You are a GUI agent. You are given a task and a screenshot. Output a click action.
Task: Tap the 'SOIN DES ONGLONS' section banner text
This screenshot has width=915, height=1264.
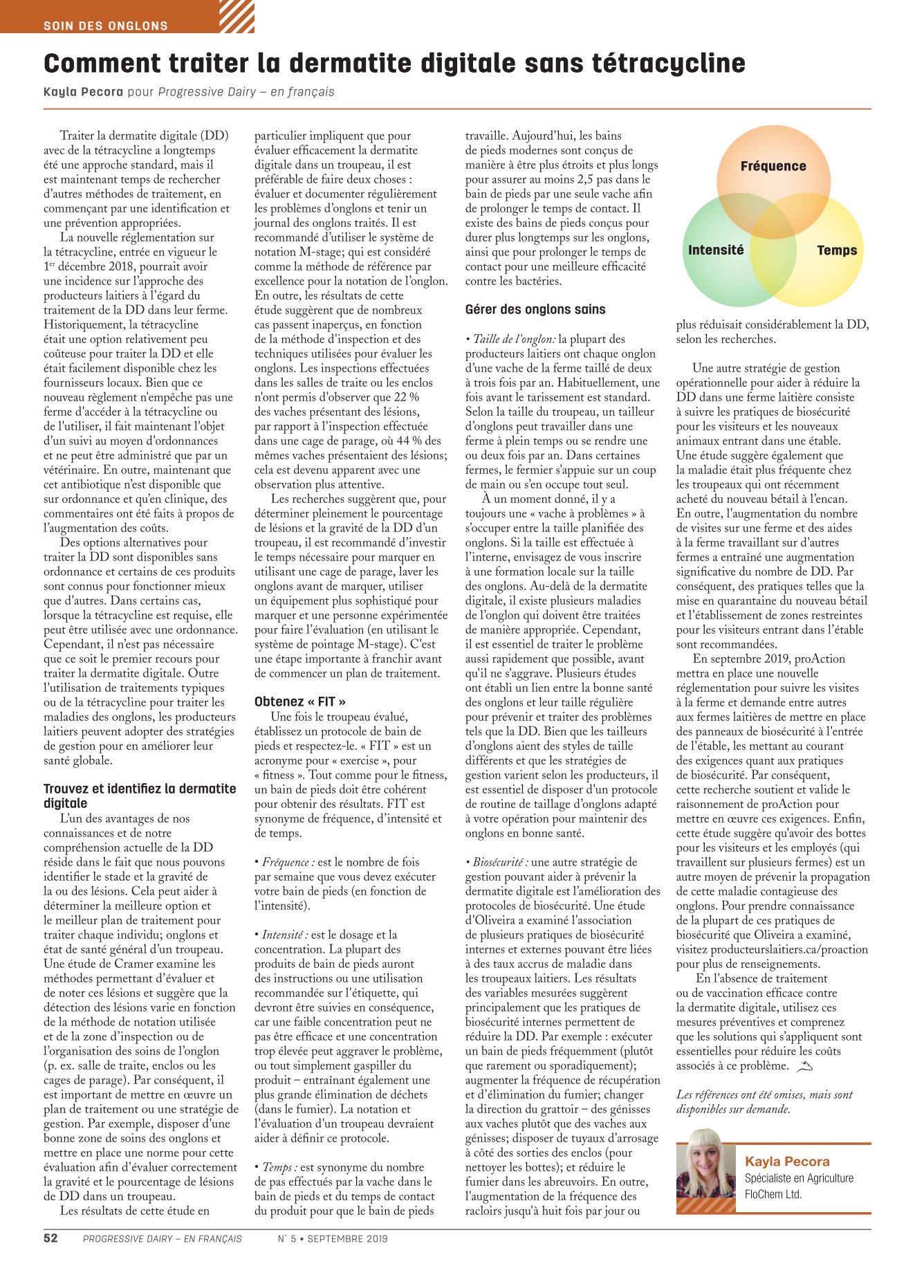click(x=106, y=26)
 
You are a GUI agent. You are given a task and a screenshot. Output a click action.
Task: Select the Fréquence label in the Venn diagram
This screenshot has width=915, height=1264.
click(x=773, y=166)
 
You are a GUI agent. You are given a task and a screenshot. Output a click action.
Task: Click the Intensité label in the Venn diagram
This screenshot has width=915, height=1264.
click(x=716, y=250)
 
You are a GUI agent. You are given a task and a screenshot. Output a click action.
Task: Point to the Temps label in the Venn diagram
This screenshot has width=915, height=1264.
click(x=837, y=250)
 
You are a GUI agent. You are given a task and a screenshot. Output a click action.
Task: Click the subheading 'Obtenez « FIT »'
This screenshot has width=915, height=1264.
click(x=300, y=702)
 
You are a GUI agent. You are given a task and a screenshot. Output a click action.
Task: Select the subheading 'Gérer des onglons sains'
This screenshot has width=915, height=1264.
click(x=535, y=309)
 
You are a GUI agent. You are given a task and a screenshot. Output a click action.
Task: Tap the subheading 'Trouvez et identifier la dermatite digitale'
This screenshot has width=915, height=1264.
click(x=140, y=796)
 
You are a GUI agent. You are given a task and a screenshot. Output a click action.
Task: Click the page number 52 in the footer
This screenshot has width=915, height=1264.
click(x=51, y=1238)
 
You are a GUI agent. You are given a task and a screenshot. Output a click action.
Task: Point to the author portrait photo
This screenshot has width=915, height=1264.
click(x=705, y=1171)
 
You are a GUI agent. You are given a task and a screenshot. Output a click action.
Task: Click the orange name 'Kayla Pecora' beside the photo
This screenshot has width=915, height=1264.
click(x=787, y=1162)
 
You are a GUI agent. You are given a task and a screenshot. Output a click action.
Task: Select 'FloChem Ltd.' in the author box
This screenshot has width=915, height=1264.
click(x=773, y=1194)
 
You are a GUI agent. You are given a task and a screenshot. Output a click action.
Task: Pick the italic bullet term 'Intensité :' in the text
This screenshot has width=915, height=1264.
click(x=284, y=935)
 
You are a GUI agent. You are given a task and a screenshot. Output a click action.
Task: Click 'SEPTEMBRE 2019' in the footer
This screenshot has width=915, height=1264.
click(x=348, y=1239)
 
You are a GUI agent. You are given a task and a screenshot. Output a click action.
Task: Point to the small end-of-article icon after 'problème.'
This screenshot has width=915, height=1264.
click(x=804, y=1067)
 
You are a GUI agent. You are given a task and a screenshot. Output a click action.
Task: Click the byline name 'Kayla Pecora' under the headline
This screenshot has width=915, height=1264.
click(x=83, y=92)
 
